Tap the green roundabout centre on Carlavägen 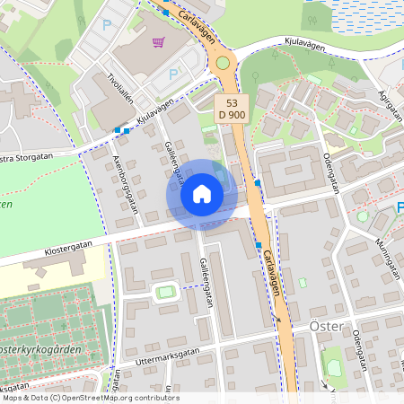(x=223, y=63)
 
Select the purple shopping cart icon (x=159, y=41)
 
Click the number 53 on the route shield (x=231, y=102)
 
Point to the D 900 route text (x=232, y=114)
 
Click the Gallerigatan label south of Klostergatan (x=206, y=284)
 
